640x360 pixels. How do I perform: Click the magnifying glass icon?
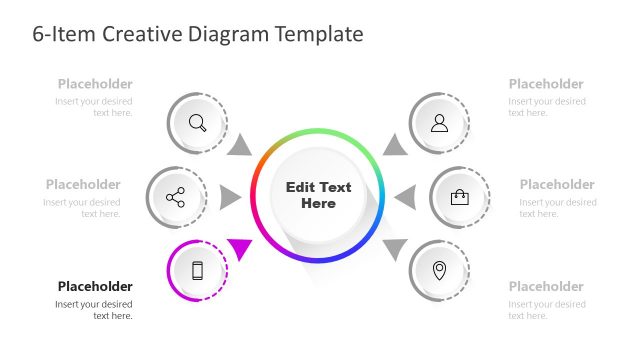click(197, 123)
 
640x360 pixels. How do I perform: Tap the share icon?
click(176, 197)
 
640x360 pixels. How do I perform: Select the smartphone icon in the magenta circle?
click(197, 270)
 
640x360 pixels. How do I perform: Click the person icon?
click(439, 123)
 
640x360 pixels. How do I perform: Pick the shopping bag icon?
click(459, 197)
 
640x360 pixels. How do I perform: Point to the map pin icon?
click(439, 270)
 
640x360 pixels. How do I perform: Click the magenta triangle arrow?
click(241, 247)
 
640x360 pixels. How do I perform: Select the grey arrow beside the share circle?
click(230, 197)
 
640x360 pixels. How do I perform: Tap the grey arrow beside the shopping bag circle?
click(405, 197)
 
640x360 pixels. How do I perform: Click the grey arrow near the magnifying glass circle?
click(239, 145)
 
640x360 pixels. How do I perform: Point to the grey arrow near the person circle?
click(396, 145)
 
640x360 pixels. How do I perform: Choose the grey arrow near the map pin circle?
click(395, 248)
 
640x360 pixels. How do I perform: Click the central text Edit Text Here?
click(318, 195)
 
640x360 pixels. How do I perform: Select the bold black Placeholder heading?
click(95, 286)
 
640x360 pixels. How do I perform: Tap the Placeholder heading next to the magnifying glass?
click(95, 84)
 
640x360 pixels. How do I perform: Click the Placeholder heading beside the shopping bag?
click(557, 184)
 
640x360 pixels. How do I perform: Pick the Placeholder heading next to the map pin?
click(546, 286)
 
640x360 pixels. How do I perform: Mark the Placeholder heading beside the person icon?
click(546, 84)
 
